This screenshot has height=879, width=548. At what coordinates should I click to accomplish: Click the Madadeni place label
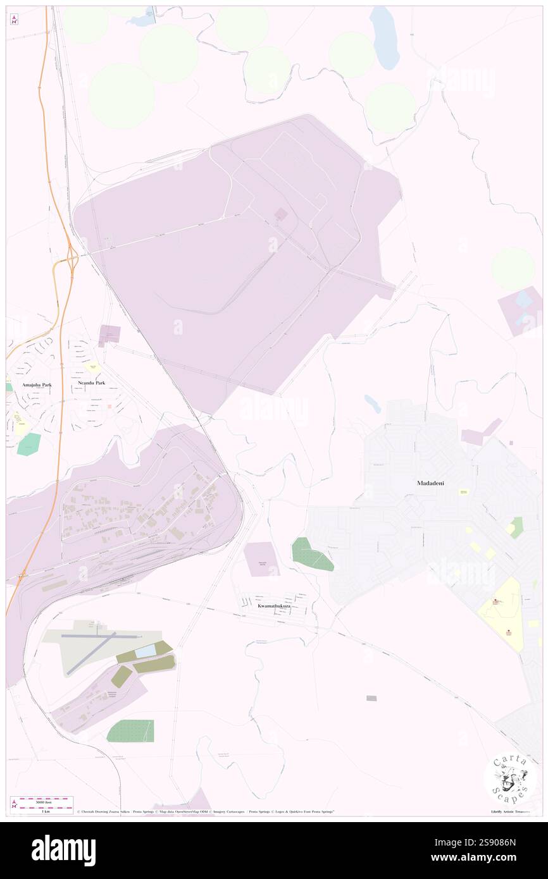(430, 483)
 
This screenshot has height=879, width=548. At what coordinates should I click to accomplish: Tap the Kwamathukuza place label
(274, 606)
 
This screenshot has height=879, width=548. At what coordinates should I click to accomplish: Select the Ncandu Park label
(91, 384)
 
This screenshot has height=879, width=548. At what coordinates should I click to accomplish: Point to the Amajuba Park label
(29, 384)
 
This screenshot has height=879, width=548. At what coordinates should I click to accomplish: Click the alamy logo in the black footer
(63, 851)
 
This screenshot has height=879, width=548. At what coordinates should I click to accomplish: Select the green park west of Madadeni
(310, 555)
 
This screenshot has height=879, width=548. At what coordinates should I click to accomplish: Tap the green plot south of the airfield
(131, 731)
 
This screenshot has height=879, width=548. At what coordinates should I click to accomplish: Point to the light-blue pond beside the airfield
(146, 651)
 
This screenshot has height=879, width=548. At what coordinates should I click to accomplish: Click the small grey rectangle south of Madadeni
(371, 698)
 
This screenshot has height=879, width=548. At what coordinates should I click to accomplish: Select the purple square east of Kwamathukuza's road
(261, 559)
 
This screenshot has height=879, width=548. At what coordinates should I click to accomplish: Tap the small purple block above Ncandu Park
(109, 334)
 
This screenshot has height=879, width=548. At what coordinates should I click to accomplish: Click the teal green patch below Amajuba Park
(29, 444)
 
